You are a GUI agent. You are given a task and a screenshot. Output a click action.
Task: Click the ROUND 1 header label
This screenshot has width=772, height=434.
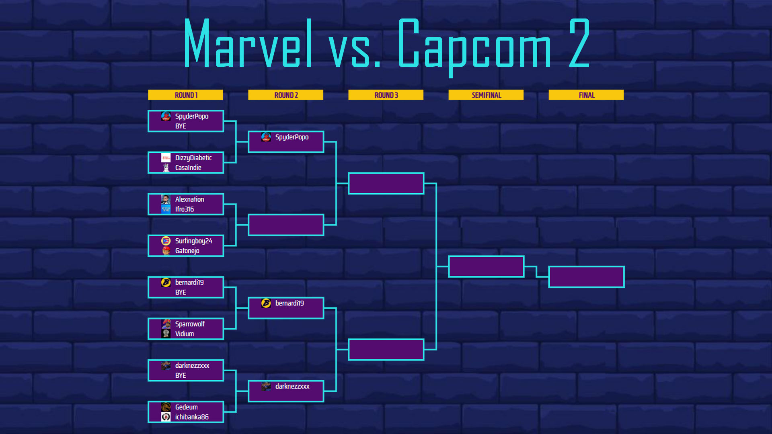coord(186,95)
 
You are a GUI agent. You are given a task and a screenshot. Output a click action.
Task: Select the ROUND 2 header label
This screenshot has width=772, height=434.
coord(286,95)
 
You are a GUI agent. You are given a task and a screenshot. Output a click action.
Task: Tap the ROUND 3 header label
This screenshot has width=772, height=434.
coord(386,95)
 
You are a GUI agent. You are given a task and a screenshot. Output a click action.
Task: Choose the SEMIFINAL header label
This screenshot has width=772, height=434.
coord(486,95)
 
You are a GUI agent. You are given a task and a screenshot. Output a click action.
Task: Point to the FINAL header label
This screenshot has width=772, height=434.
coord(586,95)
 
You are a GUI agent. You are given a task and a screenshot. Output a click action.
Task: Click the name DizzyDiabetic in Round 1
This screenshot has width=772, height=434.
coord(193,158)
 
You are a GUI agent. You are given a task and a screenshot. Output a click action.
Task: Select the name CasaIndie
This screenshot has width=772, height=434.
coord(188,168)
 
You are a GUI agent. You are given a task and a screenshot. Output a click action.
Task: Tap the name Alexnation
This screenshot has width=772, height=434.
coord(189,199)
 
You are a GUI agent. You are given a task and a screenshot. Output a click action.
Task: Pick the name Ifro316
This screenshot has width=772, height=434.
coord(185,209)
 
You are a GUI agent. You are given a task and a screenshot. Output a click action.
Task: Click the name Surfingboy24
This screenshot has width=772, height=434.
coord(194,241)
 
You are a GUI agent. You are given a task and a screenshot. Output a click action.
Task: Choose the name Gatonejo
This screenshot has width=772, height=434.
coord(187,251)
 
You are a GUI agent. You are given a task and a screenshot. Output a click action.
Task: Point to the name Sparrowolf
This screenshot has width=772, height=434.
coord(190,324)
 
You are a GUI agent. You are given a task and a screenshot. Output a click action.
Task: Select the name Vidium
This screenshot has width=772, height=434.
coord(185,334)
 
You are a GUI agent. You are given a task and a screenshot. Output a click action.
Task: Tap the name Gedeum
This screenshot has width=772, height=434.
coord(187,407)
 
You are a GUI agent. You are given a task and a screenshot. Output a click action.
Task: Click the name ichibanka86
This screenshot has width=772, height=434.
coord(192,417)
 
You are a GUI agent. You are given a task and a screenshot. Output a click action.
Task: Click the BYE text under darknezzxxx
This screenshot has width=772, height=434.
coord(181,375)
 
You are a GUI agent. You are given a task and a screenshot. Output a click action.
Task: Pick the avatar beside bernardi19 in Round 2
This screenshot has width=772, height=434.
coord(266,303)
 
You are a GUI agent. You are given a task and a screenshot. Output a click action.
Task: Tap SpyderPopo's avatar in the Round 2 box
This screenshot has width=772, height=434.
coord(266,137)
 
